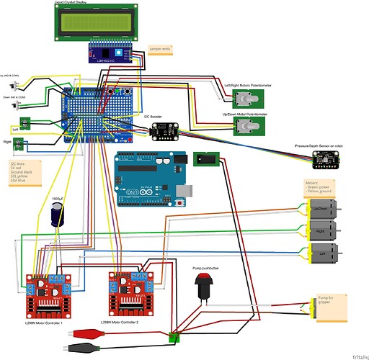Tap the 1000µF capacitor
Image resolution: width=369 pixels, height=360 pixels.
click(x=55, y=215)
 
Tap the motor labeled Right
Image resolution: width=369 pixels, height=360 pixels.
click(x=325, y=231)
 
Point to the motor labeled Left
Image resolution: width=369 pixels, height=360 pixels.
click(x=325, y=253)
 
